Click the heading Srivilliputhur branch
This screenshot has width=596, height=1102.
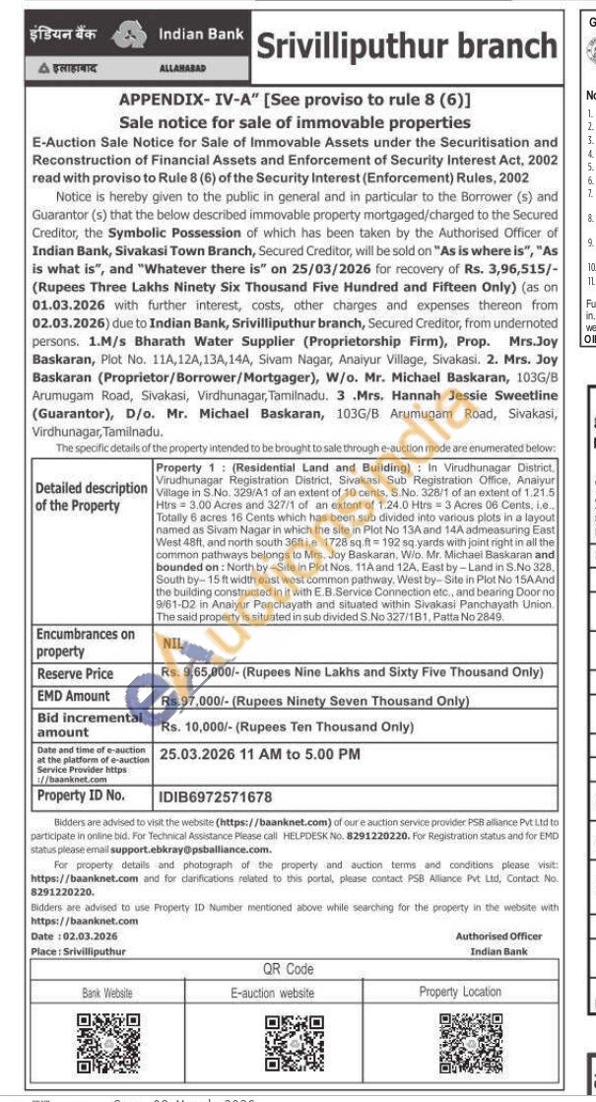coord(406,45)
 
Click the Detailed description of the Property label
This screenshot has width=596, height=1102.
coord(91,497)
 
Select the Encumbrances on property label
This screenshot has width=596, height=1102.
coord(85,643)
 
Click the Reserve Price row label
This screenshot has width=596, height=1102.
coord(75,674)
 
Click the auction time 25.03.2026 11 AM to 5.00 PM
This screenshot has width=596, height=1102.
coord(260,755)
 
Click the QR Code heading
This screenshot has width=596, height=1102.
coord(288,970)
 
